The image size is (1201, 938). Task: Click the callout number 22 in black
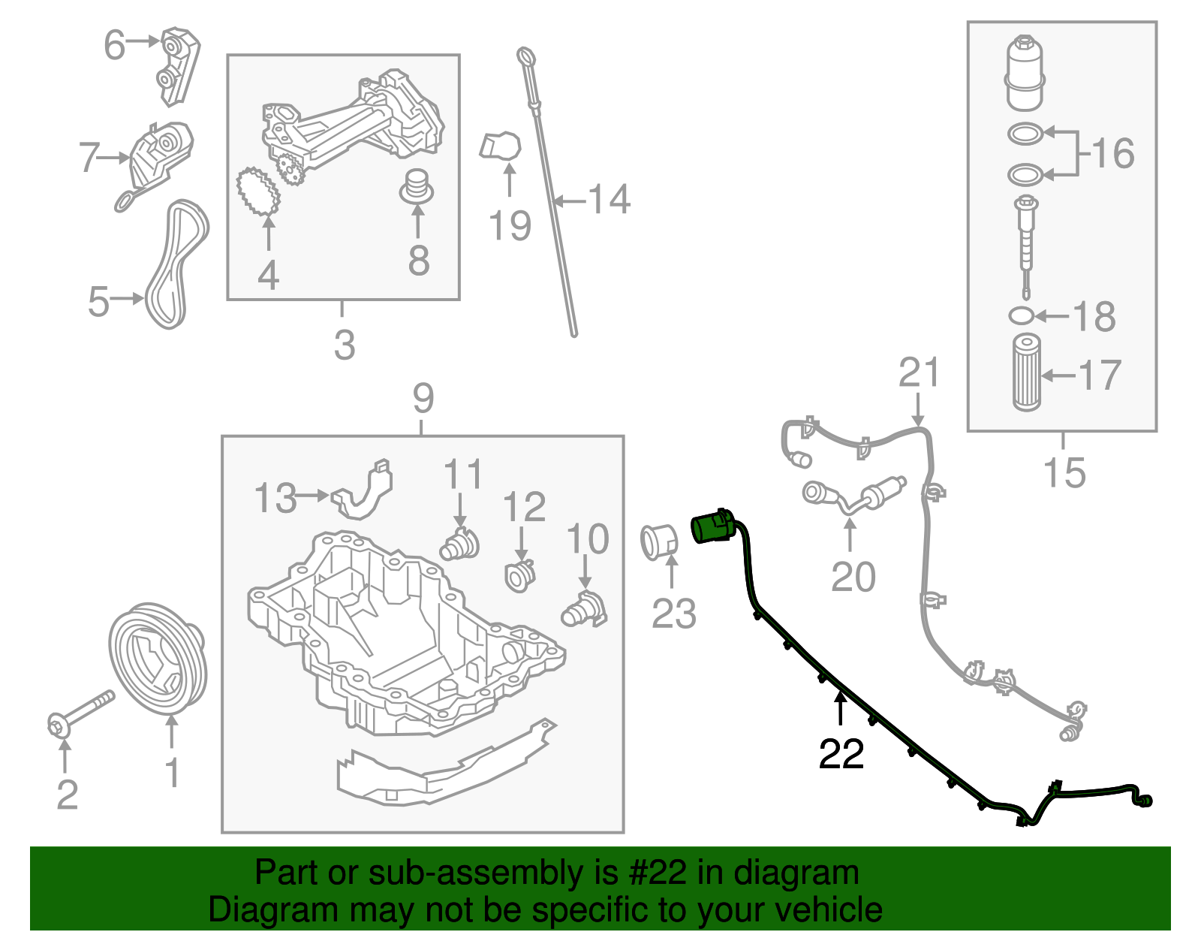(x=841, y=753)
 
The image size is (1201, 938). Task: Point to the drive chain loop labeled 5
(x=177, y=263)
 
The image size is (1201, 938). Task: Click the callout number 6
(x=114, y=45)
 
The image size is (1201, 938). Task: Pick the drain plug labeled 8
(x=417, y=187)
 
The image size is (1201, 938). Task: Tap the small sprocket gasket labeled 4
(x=257, y=192)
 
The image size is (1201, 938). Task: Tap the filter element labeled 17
(x=1026, y=372)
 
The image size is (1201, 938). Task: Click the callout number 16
(x=1112, y=153)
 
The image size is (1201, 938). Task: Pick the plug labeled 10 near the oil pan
(x=585, y=610)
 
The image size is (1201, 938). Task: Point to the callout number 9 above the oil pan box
(x=423, y=398)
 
